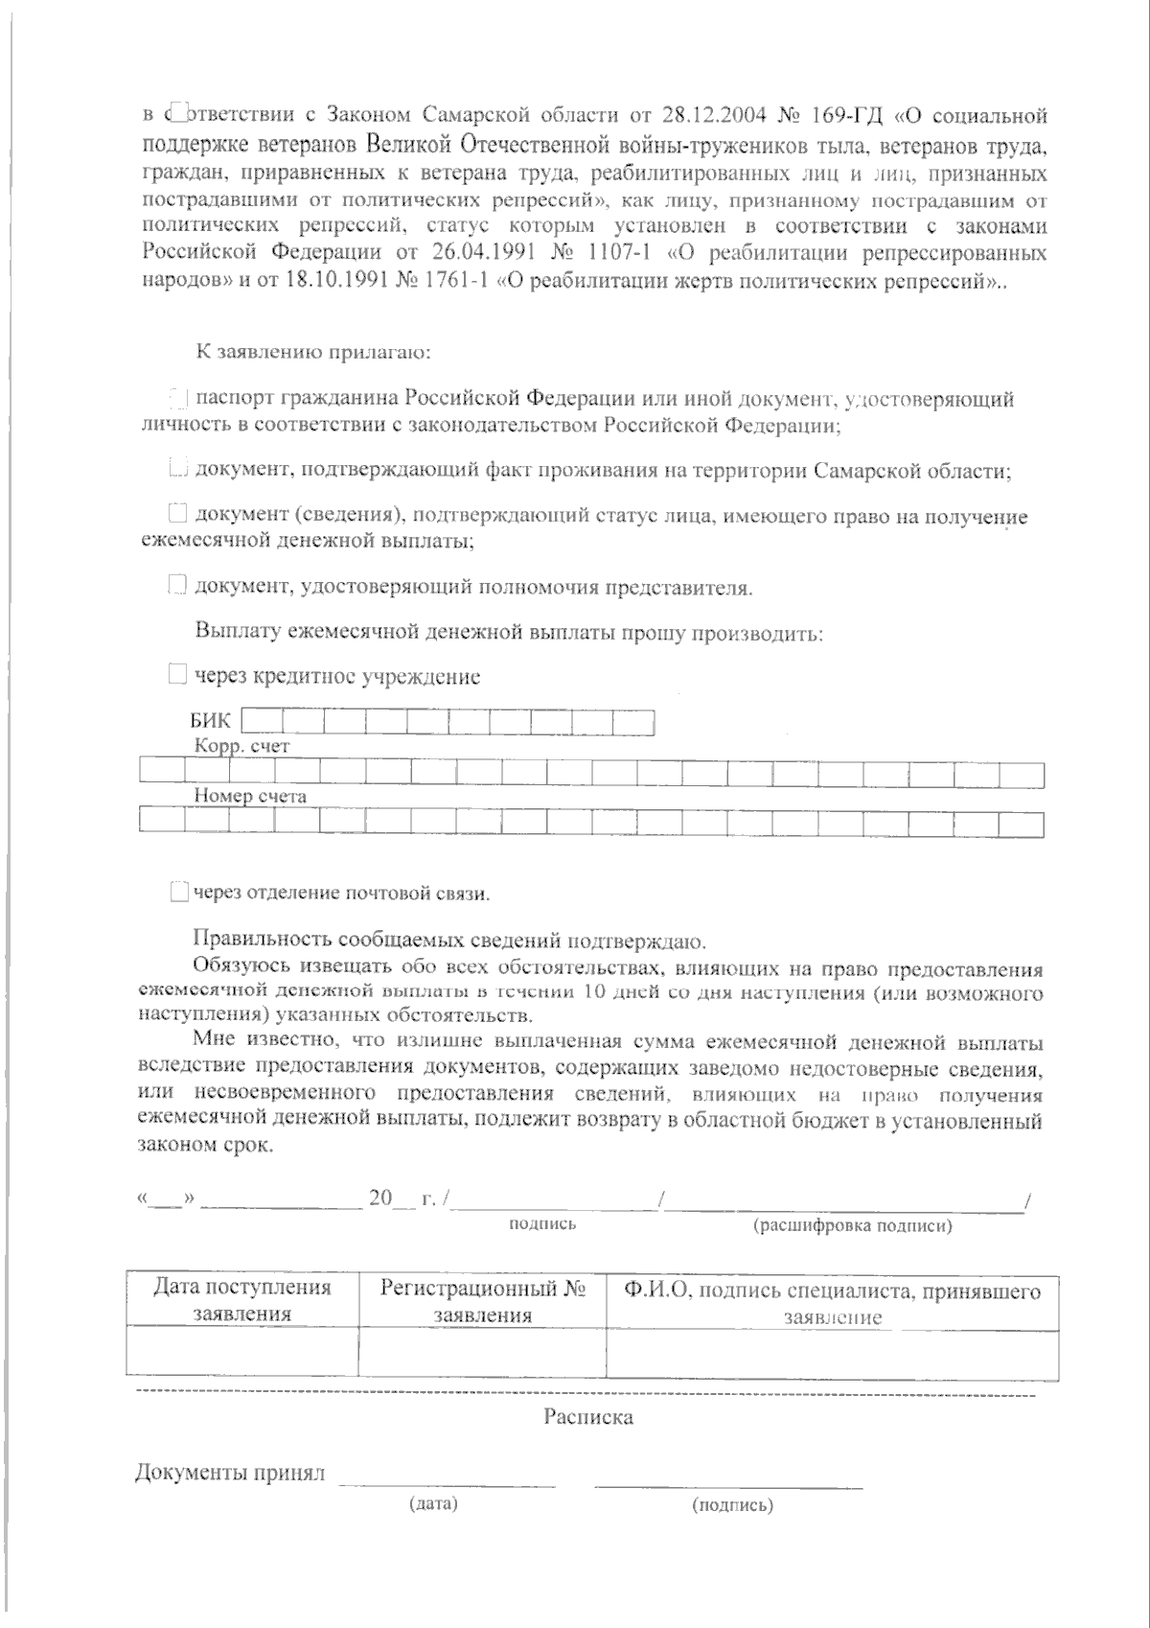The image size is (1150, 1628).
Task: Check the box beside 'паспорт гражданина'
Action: coord(177,398)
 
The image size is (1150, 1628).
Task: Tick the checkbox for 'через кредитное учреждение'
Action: coord(177,676)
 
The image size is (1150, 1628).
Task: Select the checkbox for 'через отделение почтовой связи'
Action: coord(178,893)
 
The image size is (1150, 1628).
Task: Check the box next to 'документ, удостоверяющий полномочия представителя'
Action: coord(176,586)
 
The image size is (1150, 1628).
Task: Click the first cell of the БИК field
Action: coord(261,721)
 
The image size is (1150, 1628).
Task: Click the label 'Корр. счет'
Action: coord(241,745)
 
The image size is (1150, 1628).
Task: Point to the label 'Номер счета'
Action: coord(250,795)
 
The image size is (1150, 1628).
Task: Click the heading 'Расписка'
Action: coord(588,1416)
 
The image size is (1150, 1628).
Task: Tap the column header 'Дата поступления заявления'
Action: coord(241,1301)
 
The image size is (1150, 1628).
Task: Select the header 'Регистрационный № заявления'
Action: coord(482,1301)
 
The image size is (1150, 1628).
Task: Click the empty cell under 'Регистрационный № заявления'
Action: coord(482,1353)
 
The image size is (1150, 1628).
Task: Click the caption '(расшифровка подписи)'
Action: coord(852,1226)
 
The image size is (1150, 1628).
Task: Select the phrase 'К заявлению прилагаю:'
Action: coord(313,352)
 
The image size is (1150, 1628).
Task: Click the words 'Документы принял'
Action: coord(231,1473)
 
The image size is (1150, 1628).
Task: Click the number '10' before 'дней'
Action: coord(593,992)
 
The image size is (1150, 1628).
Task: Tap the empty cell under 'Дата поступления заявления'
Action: coord(241,1353)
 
